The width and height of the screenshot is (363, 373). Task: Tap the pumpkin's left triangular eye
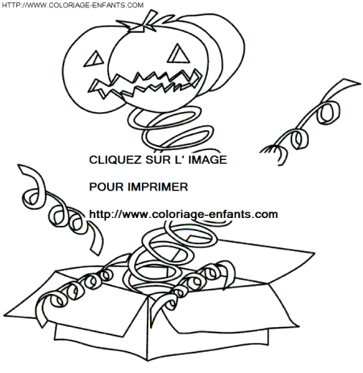coord(94,59)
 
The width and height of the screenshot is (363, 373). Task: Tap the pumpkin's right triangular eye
coord(178,55)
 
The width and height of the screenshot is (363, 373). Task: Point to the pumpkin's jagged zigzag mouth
coord(145,83)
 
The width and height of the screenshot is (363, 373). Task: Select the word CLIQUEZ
coord(115,160)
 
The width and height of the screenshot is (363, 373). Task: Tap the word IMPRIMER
coord(158,187)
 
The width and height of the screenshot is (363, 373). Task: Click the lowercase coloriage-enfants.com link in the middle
coord(183,215)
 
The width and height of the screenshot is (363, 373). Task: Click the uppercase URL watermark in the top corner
coord(73,5)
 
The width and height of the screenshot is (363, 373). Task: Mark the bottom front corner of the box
coord(148,360)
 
